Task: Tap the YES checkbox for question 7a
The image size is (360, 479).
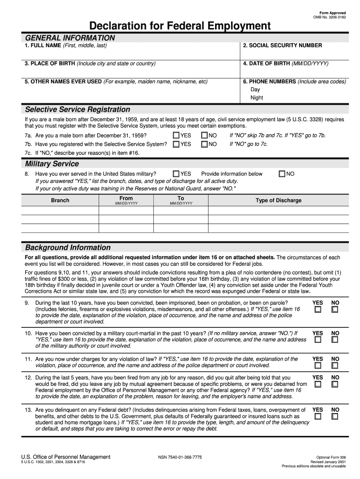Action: coord(176,136)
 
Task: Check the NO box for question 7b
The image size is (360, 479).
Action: coord(204,145)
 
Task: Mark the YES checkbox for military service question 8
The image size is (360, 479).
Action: coord(176,174)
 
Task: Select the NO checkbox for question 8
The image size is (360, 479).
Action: coord(281,174)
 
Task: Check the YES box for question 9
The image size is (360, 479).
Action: coord(317,310)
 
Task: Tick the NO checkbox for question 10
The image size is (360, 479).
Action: coord(335,340)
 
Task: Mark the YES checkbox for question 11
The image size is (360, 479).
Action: coord(317,366)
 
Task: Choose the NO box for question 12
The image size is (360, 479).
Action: coord(335,384)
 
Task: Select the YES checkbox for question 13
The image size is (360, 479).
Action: coord(317,416)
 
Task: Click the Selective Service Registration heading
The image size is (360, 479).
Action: coord(78,109)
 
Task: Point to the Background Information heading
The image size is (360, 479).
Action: coord(68,247)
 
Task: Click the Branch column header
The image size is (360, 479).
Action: coord(60,201)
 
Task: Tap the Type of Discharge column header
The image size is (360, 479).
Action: coord(278,201)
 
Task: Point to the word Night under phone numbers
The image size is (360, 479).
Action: coord(257,98)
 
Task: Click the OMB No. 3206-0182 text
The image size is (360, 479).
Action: coord(330,16)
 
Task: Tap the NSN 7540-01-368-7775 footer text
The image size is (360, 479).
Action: coord(180,457)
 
